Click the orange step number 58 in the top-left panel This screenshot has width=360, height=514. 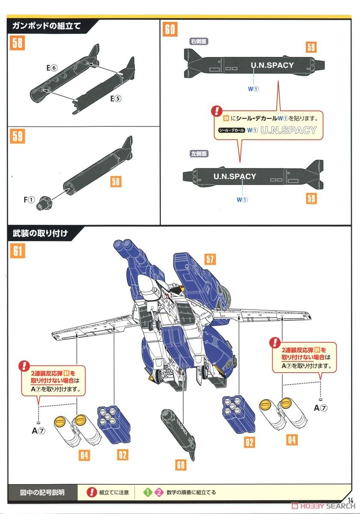pos(18,43)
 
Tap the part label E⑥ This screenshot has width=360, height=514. pos(52,68)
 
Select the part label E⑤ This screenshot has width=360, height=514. pos(116,99)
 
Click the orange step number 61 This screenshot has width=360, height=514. pos(18,251)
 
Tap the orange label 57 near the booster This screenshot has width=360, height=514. pos(209,259)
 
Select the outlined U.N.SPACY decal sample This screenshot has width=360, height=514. pos(288,130)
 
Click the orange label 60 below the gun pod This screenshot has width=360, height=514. pos(181,465)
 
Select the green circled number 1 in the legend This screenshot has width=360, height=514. pos(147,492)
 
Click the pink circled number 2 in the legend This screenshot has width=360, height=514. pos(159,492)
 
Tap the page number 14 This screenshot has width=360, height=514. pos(351,501)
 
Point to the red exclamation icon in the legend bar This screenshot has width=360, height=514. pos(92,492)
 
